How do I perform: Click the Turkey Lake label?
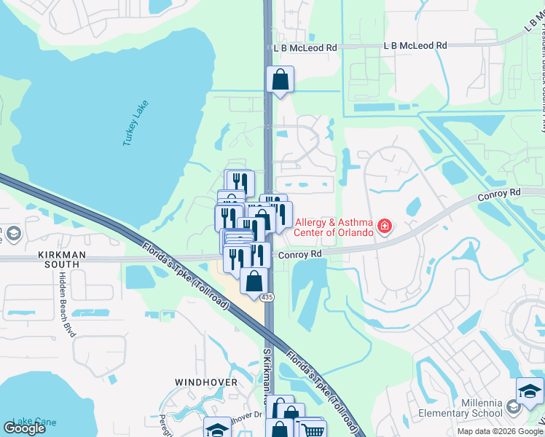click(x=136, y=123)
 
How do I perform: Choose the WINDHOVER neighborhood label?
click(x=206, y=382)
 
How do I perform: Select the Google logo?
click(x=24, y=428)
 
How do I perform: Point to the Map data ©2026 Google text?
click(x=501, y=431)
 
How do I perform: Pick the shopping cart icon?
click(x=313, y=430)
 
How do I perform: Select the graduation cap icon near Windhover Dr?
click(x=216, y=430)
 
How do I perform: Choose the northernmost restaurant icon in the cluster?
click(x=238, y=181)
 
